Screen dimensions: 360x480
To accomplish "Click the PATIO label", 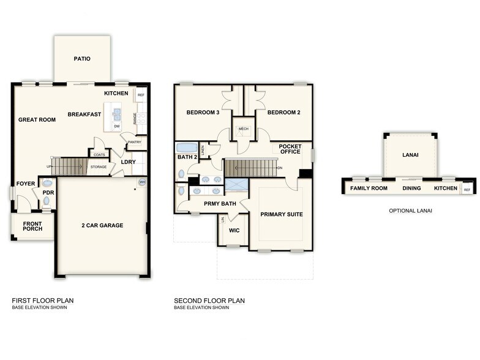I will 82,59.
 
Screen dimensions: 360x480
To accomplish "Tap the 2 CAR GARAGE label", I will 102,225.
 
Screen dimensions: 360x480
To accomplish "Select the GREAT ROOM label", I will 37,120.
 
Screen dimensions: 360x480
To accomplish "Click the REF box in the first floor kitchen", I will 141,96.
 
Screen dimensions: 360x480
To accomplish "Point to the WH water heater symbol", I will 142,182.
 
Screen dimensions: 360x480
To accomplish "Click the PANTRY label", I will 135,142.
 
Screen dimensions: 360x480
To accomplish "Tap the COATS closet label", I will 99,155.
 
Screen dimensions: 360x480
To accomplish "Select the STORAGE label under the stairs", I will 99,167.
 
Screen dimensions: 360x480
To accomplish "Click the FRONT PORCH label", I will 32,227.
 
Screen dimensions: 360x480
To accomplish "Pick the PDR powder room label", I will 48,193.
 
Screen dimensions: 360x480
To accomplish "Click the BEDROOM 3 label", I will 203,113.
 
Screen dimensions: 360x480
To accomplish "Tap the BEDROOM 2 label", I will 283,113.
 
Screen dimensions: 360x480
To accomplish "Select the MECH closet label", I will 243,129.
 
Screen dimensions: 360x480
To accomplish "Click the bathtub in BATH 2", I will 187,148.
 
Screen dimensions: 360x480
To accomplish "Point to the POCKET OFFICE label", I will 290,149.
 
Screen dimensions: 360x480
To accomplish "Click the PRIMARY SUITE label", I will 282,215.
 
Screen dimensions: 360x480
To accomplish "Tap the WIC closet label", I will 234,231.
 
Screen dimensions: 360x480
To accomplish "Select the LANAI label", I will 410,155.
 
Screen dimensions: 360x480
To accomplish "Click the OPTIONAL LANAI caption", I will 410,211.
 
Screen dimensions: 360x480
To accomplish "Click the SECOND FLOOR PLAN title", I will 209,301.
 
